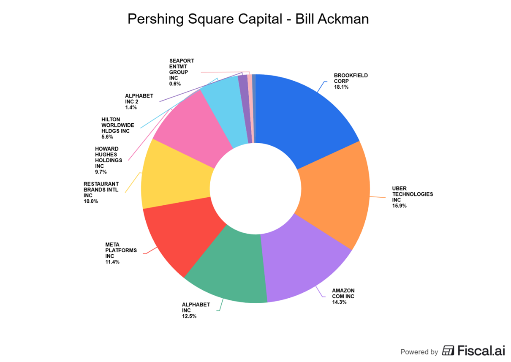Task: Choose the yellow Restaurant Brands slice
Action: tap(175, 177)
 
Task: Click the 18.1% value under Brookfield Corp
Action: tap(341, 87)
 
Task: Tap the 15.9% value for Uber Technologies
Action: tap(399, 206)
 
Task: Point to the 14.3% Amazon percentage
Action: tap(339, 302)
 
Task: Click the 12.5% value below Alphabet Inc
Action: tap(189, 316)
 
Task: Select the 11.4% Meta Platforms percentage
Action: tap(112, 262)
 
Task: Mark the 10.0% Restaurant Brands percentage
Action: tap(91, 201)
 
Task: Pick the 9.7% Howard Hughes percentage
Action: tap(101, 172)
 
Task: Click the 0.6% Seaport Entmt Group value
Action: tap(175, 84)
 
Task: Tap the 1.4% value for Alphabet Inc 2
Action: tap(130, 108)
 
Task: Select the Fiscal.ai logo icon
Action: tap(448, 351)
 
